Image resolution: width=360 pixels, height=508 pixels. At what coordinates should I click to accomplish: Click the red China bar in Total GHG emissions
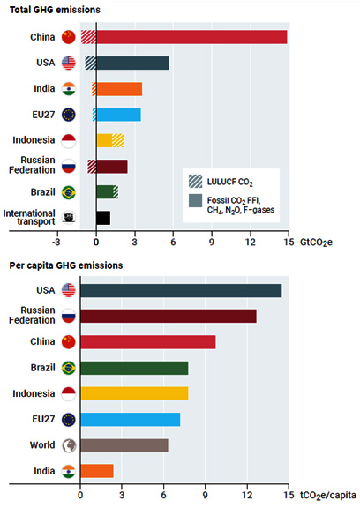click(x=191, y=37)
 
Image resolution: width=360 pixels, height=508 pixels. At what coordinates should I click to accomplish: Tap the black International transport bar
click(x=102, y=218)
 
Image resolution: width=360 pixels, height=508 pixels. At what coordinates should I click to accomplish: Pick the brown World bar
click(x=124, y=445)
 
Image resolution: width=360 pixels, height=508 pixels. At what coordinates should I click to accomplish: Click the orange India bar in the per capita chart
click(x=97, y=471)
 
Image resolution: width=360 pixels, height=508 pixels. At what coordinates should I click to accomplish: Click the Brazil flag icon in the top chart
click(x=69, y=191)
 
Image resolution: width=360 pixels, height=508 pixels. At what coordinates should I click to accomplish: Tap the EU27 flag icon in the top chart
click(x=69, y=114)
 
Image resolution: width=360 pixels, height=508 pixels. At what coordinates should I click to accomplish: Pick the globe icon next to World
click(x=69, y=445)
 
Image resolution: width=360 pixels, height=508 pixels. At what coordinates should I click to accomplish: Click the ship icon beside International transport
click(x=69, y=217)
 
